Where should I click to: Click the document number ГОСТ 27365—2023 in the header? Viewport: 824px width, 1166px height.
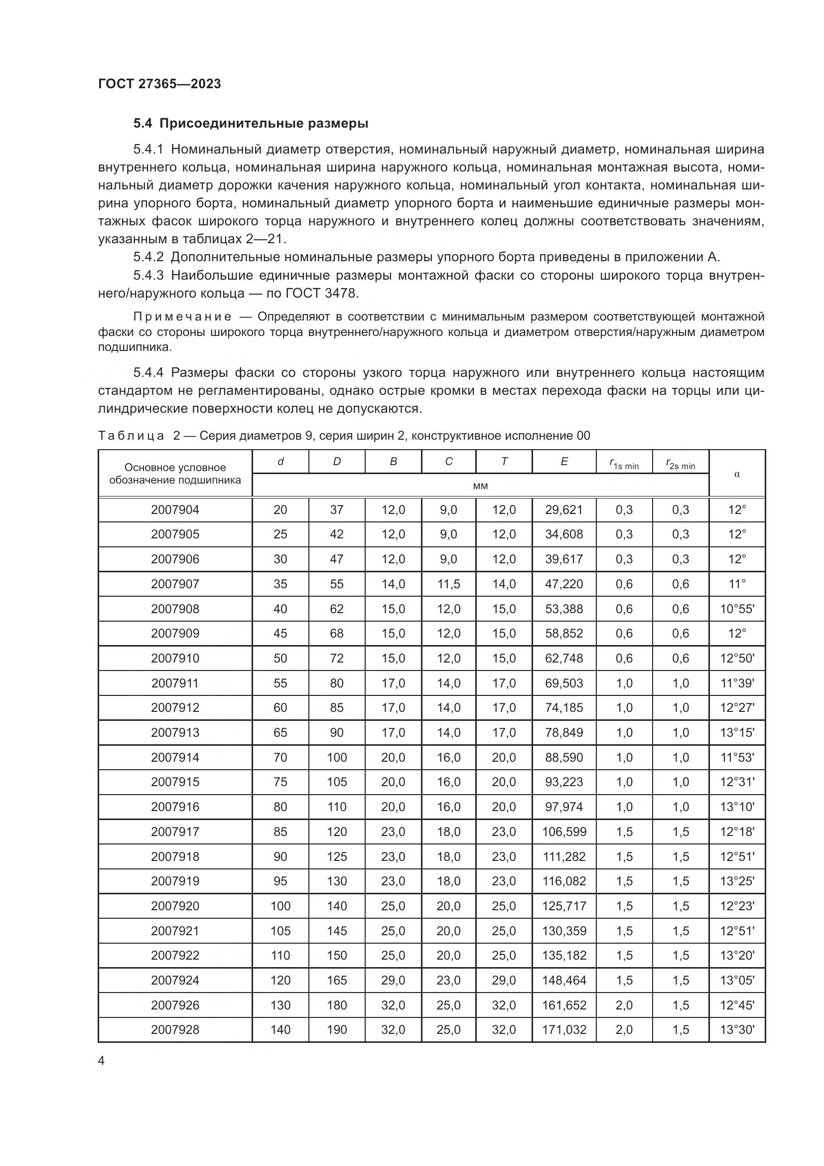point(159,84)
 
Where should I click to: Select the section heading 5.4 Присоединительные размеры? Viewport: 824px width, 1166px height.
point(251,124)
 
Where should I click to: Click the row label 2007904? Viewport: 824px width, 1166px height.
point(175,509)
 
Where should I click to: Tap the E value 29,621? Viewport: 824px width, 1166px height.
point(564,509)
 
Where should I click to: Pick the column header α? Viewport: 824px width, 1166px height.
point(737,474)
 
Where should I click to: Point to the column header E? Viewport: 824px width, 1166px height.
point(564,462)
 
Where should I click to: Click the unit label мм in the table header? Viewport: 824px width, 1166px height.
point(480,486)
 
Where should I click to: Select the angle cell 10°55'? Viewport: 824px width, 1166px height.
point(737,608)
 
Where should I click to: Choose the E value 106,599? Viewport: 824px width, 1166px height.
point(564,832)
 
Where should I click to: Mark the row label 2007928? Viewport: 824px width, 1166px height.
point(175,1029)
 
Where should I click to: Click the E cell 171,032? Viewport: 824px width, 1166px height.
point(564,1029)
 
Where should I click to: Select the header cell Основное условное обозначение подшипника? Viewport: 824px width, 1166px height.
point(175,473)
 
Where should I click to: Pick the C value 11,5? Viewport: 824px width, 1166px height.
point(448,584)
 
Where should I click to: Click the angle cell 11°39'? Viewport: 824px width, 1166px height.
point(737,683)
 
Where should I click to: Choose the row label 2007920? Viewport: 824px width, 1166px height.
point(175,906)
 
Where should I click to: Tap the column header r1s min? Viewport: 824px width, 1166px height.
point(624,463)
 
